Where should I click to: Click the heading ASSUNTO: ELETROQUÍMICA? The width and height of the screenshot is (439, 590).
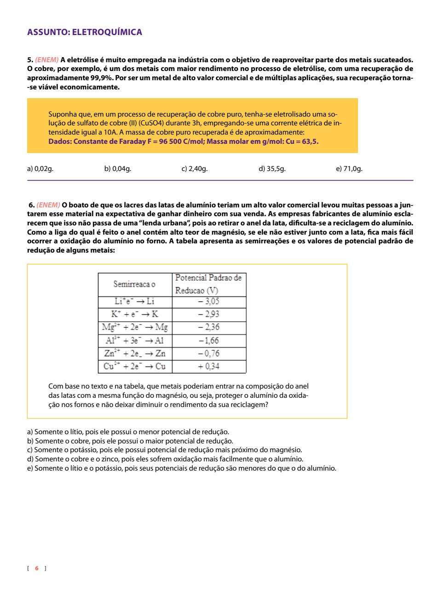[x=85, y=32]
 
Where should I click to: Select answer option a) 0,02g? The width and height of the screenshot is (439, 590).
[x=40, y=169]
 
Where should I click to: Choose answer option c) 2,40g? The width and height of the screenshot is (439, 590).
[x=194, y=169]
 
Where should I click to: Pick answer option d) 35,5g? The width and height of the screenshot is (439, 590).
[x=272, y=169]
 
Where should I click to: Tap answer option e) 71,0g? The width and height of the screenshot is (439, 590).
[x=349, y=169]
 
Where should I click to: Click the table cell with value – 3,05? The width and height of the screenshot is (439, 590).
[x=208, y=301]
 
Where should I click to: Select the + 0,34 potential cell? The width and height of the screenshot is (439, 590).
[x=208, y=366]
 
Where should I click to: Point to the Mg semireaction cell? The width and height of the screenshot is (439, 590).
[x=135, y=327]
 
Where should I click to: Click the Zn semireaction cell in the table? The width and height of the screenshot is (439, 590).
[x=135, y=354]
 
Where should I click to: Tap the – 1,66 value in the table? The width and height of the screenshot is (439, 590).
[x=208, y=341]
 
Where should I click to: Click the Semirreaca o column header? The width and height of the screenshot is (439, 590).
[x=134, y=284]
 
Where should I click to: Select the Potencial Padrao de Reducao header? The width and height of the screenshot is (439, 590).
[x=208, y=284]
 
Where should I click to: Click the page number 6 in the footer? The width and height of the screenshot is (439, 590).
[x=37, y=568]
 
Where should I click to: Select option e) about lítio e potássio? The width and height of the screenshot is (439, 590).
[x=182, y=468]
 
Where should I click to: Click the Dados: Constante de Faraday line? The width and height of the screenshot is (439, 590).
[x=183, y=142]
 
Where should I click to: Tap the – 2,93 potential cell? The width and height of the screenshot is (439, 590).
[x=208, y=314]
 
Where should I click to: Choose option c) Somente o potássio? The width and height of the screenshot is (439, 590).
[x=165, y=450]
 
